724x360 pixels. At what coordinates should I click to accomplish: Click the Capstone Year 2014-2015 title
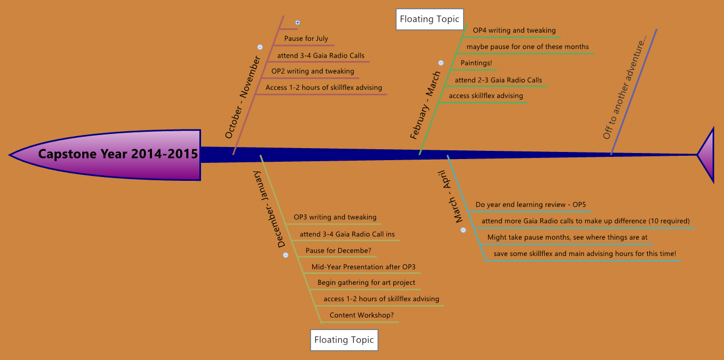click(x=118, y=154)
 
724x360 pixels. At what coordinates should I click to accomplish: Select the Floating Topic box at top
click(x=430, y=19)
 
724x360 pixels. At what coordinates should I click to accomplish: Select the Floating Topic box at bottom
click(x=344, y=340)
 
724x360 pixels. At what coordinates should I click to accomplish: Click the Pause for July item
click(x=306, y=39)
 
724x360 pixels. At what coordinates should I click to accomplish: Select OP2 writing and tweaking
click(x=313, y=71)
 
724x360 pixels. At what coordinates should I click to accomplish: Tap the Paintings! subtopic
click(x=476, y=63)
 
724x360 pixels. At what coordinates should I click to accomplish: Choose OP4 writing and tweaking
click(x=514, y=30)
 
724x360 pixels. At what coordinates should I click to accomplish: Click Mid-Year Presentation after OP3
click(x=363, y=267)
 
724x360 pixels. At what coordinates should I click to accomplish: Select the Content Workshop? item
click(x=362, y=315)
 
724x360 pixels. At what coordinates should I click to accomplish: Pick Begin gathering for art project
click(x=366, y=283)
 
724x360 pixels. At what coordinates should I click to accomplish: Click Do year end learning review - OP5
click(x=531, y=205)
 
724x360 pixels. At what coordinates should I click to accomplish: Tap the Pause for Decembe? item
click(x=338, y=251)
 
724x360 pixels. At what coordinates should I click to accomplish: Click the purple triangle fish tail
click(x=707, y=155)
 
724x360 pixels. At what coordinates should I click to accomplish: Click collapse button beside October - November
click(x=260, y=47)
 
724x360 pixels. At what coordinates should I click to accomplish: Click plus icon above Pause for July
click(x=297, y=23)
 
